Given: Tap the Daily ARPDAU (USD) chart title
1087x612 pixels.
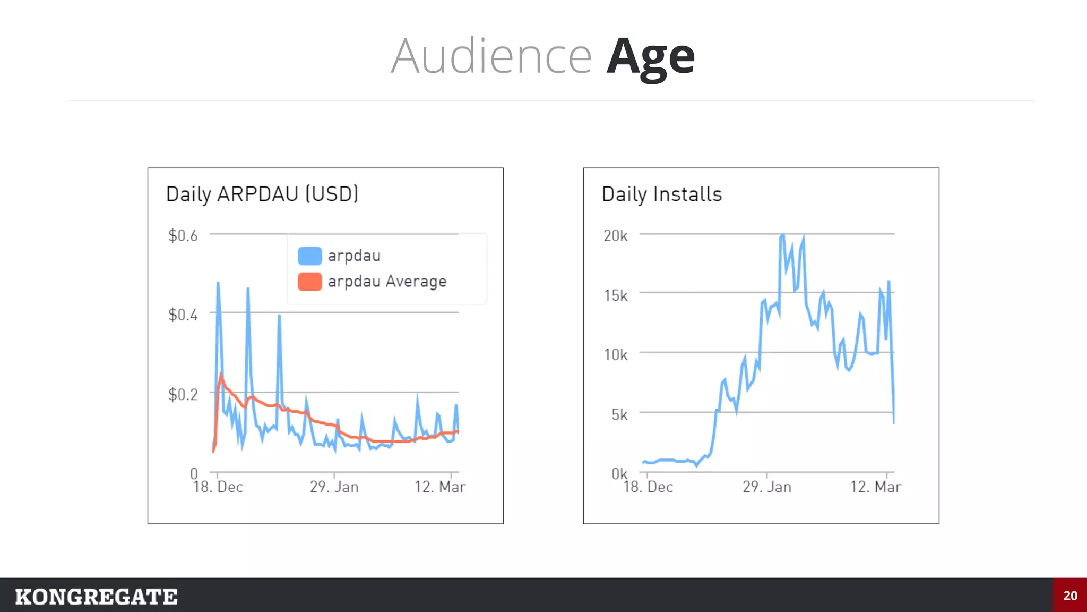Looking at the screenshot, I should [x=262, y=194].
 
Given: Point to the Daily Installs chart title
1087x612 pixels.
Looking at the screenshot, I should [x=662, y=194].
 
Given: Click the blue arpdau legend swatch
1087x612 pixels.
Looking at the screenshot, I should [x=309, y=256].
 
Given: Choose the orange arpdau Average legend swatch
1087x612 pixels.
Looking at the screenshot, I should [x=309, y=282].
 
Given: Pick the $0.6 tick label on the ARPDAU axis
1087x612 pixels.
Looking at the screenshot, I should [x=183, y=235].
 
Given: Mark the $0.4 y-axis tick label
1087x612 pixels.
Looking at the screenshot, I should [x=183, y=314].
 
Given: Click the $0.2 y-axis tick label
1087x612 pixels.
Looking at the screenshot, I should [x=183, y=394].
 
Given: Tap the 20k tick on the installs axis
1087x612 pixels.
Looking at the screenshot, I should [x=616, y=235].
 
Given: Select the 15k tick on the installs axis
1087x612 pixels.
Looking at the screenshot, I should [x=616, y=295].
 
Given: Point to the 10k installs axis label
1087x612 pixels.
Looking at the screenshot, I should [x=616, y=354].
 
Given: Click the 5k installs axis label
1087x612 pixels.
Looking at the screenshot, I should [x=619, y=414].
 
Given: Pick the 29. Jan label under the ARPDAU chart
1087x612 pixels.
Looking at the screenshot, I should [x=334, y=487].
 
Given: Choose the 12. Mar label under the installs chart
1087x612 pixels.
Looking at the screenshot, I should [x=876, y=487].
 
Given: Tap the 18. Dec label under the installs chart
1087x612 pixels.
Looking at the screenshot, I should [x=648, y=487].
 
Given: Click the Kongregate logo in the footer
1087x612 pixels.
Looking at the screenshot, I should [x=96, y=597].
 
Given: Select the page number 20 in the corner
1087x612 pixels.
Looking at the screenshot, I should [x=1070, y=596].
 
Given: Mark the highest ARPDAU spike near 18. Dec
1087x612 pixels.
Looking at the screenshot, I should [x=218, y=283].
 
